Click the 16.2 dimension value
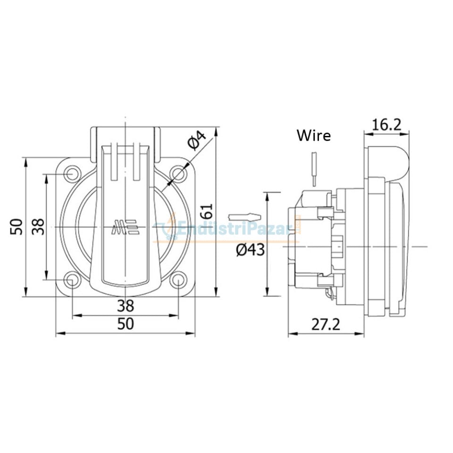[x=386, y=125]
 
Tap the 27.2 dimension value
[x=326, y=325]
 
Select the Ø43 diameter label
[x=250, y=250]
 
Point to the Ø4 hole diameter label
[x=197, y=140]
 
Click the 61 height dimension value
[x=208, y=211]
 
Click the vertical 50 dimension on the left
[x=17, y=227]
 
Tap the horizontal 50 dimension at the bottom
[x=126, y=324]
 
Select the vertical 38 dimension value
[x=38, y=227]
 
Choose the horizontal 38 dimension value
[x=126, y=306]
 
